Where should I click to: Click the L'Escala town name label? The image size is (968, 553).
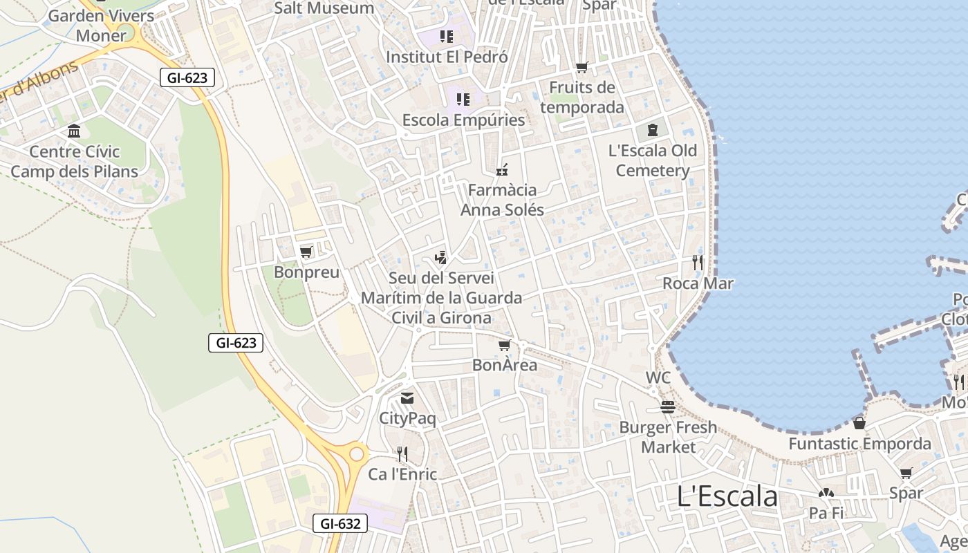[727, 496]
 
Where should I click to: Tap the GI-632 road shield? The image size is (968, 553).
[340, 523]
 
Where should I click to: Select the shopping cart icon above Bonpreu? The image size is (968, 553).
[306, 252]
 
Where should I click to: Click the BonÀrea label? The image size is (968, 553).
[505, 365]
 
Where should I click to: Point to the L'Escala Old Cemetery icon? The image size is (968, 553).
[652, 129]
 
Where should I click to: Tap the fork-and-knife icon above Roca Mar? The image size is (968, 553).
[698, 262]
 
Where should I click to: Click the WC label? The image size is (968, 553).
[658, 378]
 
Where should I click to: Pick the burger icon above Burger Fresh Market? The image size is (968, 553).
[667, 407]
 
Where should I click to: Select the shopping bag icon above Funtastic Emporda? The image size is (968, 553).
[859, 423]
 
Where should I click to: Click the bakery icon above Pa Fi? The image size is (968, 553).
[826, 494]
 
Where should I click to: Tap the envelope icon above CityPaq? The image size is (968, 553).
[407, 398]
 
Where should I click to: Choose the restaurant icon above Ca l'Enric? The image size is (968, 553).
[402, 453]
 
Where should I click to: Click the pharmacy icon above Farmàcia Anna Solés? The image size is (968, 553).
[502, 169]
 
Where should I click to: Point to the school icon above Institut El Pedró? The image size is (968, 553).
[446, 36]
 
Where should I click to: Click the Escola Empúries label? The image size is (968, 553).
[463, 120]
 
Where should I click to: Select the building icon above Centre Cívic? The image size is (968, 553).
[74, 131]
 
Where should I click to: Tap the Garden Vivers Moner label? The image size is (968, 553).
[102, 25]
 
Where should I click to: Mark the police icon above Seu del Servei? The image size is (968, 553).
[440, 258]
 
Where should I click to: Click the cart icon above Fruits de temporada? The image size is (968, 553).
[582, 67]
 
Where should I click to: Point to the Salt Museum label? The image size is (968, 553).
[324, 8]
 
